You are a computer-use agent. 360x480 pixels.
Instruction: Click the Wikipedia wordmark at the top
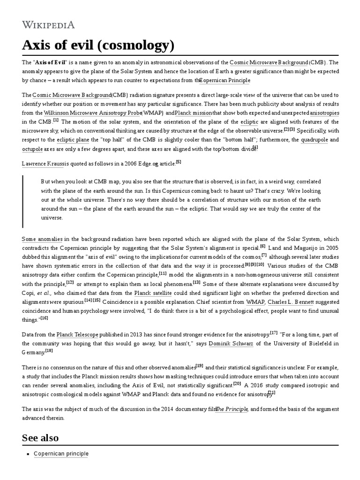point(48,25)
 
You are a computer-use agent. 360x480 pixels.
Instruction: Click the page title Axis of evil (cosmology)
point(98,45)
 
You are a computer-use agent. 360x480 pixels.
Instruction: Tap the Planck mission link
point(193,113)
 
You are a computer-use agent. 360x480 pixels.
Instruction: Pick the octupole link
point(32,149)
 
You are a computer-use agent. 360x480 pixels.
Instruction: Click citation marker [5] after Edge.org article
point(178,162)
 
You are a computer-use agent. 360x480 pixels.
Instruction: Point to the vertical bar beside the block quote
point(23,201)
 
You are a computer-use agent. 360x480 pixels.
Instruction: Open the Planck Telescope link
point(77,334)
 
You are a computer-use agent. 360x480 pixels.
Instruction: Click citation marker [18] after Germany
point(49,351)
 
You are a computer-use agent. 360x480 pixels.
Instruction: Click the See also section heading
point(40,438)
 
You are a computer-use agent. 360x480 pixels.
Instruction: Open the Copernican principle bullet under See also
point(61,454)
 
